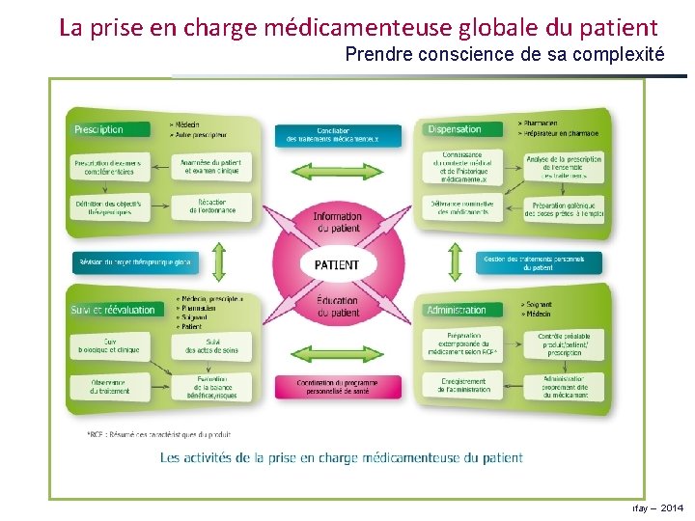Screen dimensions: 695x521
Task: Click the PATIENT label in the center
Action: click(337, 263)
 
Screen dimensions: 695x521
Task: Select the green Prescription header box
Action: click(110, 129)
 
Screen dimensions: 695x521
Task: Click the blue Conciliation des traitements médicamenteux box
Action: click(336, 135)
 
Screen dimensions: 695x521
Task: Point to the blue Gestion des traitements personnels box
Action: click(539, 262)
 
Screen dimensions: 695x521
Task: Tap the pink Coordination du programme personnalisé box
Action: click(337, 387)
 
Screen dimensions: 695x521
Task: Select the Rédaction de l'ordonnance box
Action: click(210, 206)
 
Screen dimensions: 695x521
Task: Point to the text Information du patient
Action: click(337, 222)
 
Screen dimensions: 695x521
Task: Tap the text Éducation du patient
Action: click(337, 308)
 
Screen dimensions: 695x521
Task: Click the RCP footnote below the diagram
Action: click(159, 434)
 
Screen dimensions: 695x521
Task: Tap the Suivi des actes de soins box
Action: click(210, 344)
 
